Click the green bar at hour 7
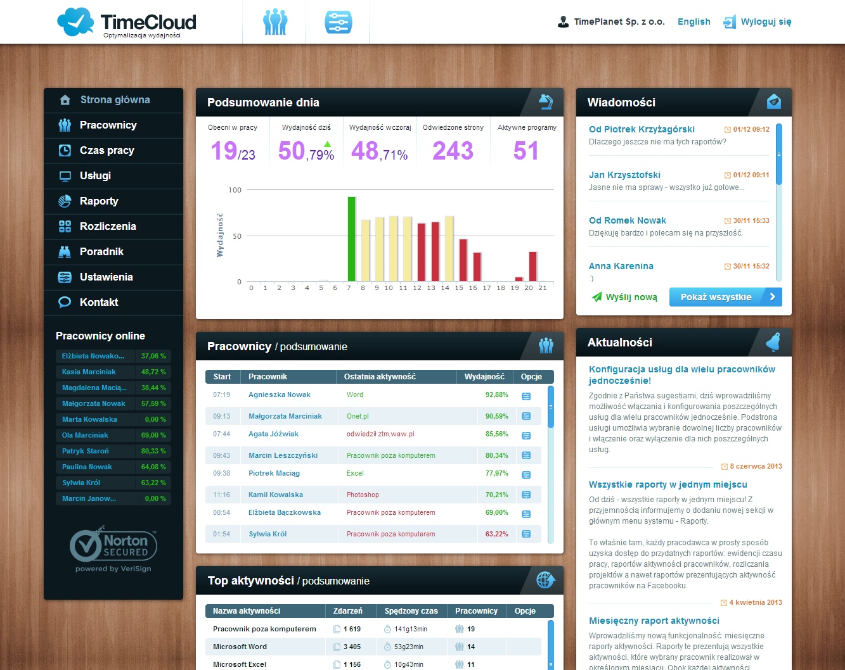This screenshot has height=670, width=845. (351, 239)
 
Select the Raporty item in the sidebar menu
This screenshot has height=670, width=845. (99, 201)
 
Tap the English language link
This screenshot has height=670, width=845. (693, 22)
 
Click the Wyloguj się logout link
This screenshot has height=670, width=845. (766, 22)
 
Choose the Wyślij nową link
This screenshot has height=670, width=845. (631, 297)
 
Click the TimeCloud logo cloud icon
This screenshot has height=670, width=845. (75, 22)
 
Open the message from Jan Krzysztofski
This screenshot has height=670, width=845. (624, 175)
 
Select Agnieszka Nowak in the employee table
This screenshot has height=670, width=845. (280, 395)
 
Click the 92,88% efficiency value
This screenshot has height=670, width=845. (496, 395)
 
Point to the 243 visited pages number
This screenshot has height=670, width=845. (453, 151)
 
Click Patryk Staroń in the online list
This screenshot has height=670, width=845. (86, 452)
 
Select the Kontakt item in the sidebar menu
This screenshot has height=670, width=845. (99, 303)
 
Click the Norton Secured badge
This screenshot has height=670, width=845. (113, 547)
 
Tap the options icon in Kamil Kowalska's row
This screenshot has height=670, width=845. (526, 495)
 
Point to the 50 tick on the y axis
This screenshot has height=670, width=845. (237, 236)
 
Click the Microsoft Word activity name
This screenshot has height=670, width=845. (240, 647)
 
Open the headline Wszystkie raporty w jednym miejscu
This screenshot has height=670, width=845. (668, 485)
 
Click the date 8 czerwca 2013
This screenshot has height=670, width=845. (756, 467)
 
